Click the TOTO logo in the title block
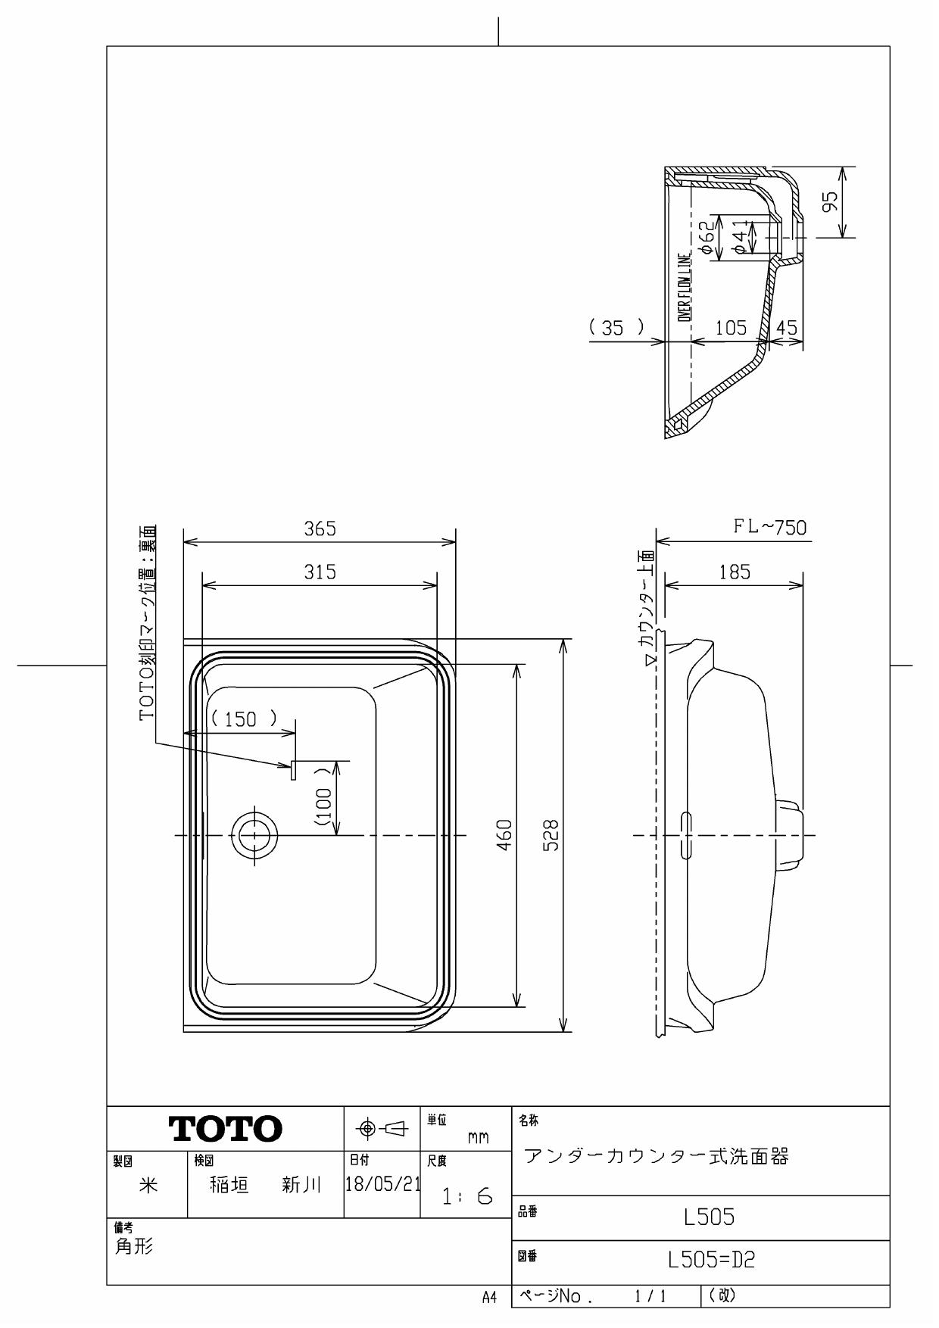point(226,1129)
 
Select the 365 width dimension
point(320,528)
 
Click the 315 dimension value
point(320,572)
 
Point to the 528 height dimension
point(552,835)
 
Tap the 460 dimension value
point(505,835)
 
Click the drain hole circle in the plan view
point(254,835)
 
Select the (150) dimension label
point(241,719)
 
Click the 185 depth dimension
point(734,572)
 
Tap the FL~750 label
point(769,527)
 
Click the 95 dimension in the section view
point(831,201)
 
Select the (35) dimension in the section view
point(617,327)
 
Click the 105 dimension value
point(730,327)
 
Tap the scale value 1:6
point(467,1197)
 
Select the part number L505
point(709,1217)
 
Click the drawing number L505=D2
point(711,1261)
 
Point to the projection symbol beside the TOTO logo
point(382,1129)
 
